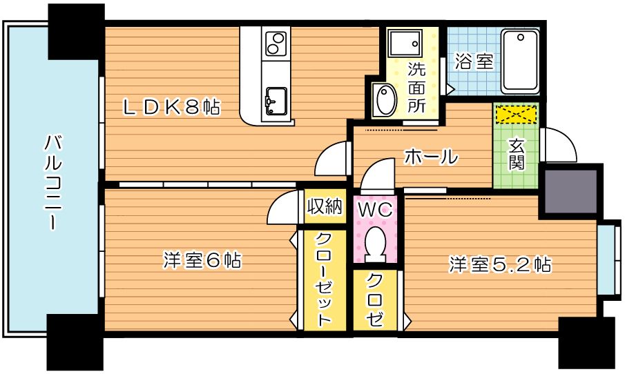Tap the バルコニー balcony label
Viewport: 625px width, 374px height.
[51, 182]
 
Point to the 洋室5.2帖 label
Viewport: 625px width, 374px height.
[500, 264]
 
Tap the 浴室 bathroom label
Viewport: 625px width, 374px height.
[474, 61]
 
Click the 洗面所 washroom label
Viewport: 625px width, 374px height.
[416, 88]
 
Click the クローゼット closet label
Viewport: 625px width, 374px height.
[321, 279]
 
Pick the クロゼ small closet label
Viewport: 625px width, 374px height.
[376, 300]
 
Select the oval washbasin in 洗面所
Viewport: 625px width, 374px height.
[384, 99]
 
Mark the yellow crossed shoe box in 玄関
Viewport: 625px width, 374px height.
[516, 113]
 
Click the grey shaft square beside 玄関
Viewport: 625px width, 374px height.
[570, 190]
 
